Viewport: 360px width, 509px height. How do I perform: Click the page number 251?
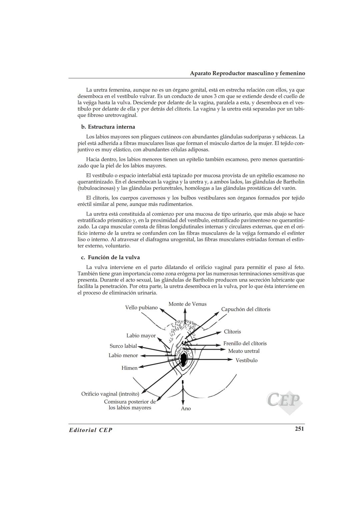(299, 429)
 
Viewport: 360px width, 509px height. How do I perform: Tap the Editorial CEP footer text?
(91, 430)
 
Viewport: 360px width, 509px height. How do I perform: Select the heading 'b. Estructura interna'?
(108, 127)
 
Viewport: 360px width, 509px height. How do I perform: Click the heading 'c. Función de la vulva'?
(111, 257)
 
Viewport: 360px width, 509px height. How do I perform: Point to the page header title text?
(247, 73)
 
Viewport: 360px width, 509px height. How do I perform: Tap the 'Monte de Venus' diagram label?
(187, 304)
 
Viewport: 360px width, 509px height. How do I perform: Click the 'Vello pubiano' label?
(141, 307)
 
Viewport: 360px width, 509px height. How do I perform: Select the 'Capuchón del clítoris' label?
(246, 309)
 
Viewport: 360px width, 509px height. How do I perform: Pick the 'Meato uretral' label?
(244, 351)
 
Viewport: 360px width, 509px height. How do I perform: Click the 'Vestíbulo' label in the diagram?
(246, 360)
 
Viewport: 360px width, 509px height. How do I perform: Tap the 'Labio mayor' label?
(141, 336)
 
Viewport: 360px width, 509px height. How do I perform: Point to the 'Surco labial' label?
(123, 346)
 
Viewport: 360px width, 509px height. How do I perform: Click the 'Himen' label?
(129, 368)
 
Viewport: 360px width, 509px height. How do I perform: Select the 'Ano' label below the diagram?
(186, 409)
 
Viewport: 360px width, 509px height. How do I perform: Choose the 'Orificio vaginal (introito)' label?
(110, 394)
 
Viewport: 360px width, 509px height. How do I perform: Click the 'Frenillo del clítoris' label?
(245, 343)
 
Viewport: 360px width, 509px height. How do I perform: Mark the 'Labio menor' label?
(123, 355)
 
